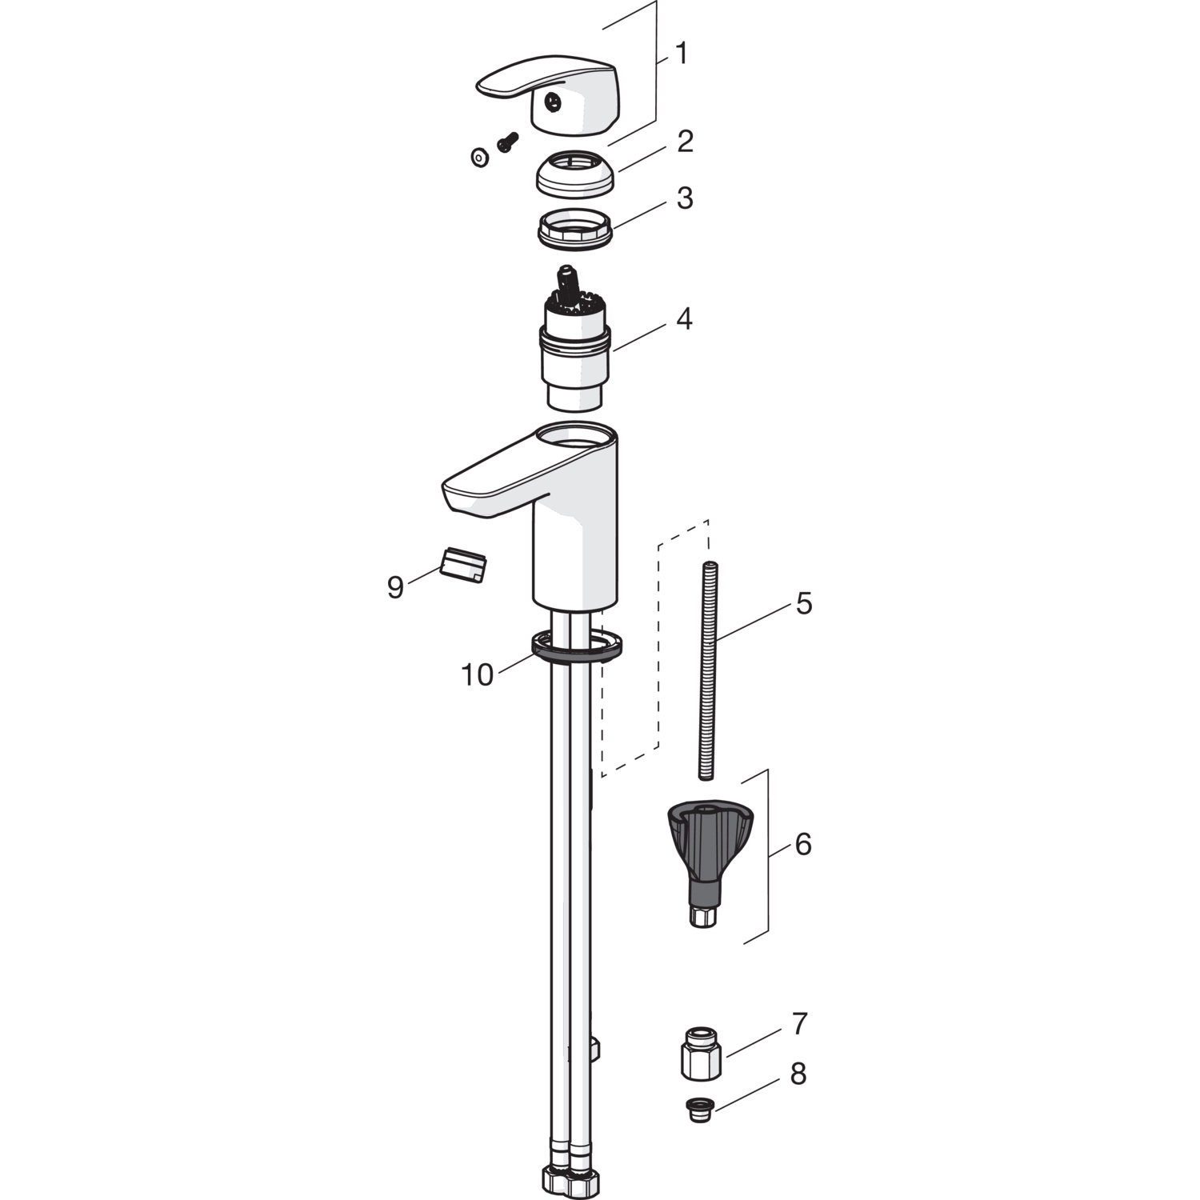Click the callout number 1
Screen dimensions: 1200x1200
681,54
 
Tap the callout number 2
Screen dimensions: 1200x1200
685,142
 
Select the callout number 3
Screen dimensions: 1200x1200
685,198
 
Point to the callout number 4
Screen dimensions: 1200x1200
683,319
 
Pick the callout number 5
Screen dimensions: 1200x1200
804,603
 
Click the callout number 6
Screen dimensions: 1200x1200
802,843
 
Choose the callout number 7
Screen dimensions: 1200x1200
800,1023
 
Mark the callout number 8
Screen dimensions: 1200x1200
798,1074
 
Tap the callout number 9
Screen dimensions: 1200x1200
395,587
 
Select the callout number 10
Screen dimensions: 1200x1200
478,675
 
